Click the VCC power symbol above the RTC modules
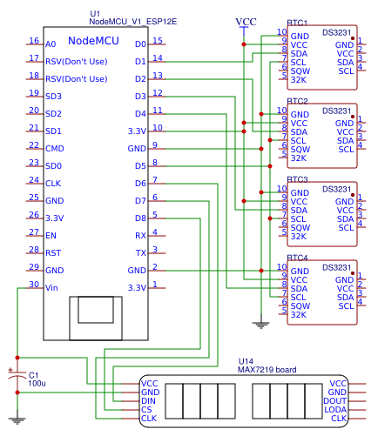coord(246,21)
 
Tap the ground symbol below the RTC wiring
coord(259,325)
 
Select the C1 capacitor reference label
coord(35,374)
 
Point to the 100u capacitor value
coord(37,383)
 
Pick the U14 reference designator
coord(246,361)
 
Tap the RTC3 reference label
coord(297,179)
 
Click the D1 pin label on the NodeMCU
coord(140,61)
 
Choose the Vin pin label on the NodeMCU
coord(51,287)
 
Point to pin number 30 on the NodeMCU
coord(34,284)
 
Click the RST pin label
coord(52,252)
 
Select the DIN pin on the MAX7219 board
coord(150,400)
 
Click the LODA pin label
coord(335,409)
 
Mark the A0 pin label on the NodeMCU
coord(51,44)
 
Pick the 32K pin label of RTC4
coord(299,314)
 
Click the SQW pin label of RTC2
coord(300,149)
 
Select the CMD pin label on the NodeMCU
coord(54,148)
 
